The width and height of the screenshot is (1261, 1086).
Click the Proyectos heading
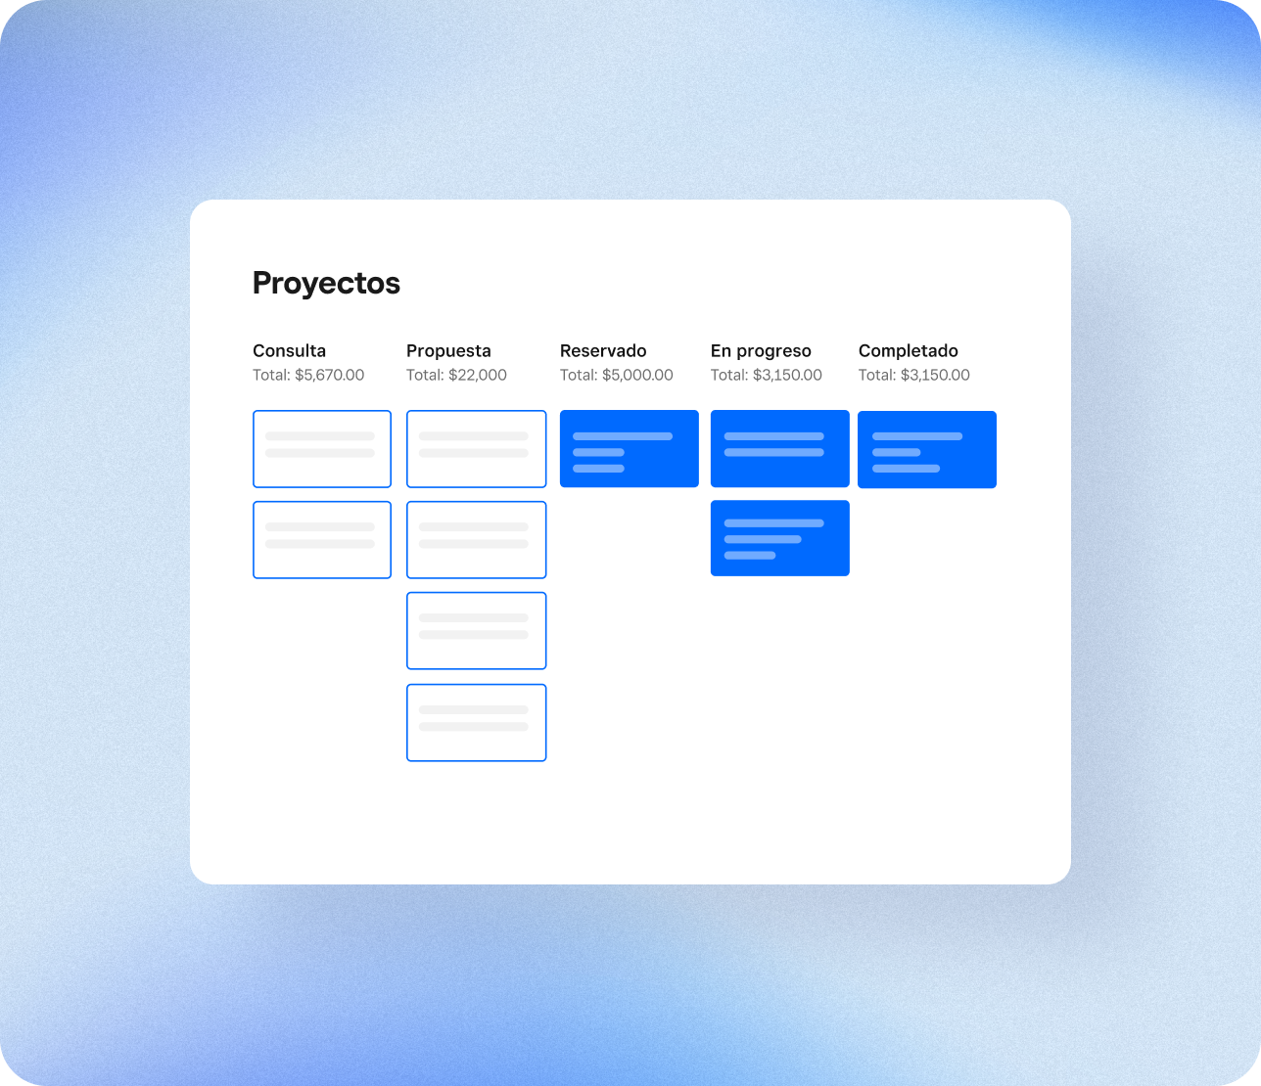[326, 284]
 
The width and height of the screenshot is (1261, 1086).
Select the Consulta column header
[289, 350]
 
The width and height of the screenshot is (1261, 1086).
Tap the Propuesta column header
[448, 351]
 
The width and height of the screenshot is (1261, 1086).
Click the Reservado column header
[603, 350]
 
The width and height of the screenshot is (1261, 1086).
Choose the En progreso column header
[761, 351]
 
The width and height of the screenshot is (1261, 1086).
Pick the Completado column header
[908, 351]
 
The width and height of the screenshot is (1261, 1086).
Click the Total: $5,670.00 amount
[308, 375]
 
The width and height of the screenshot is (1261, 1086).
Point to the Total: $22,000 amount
[456, 375]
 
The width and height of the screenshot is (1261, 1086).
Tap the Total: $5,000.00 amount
[616, 375]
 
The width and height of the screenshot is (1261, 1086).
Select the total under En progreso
[766, 375]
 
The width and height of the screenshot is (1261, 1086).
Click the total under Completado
[913, 375]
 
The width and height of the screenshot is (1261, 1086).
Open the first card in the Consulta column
[322, 449]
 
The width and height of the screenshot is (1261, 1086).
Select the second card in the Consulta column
[322, 540]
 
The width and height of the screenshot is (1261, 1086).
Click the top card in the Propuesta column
[477, 449]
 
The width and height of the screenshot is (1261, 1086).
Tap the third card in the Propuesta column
[477, 630]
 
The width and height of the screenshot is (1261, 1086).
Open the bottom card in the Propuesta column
[477, 723]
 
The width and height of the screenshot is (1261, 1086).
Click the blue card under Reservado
[630, 449]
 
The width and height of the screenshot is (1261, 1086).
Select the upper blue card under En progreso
[779, 449]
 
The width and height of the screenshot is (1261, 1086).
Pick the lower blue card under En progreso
[779, 538]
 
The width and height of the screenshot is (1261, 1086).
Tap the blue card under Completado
[927, 449]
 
